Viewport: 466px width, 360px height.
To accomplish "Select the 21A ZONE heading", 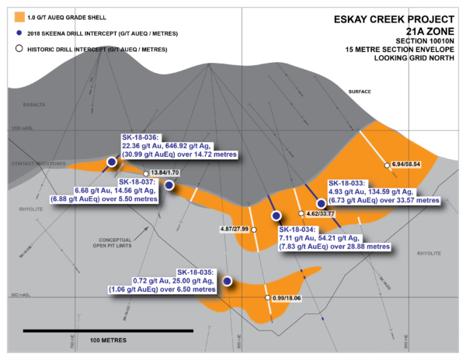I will click(419, 34).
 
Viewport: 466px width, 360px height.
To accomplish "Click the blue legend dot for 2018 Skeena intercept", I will click(14, 33).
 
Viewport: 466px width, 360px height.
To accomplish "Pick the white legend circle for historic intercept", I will click(14, 48).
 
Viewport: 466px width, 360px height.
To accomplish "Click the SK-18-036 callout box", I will click(173, 148).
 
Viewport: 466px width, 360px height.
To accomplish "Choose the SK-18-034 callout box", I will click(334, 238).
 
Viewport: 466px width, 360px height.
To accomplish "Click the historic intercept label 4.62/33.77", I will click(320, 213).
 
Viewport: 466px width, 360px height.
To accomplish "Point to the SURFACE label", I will click(359, 92).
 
